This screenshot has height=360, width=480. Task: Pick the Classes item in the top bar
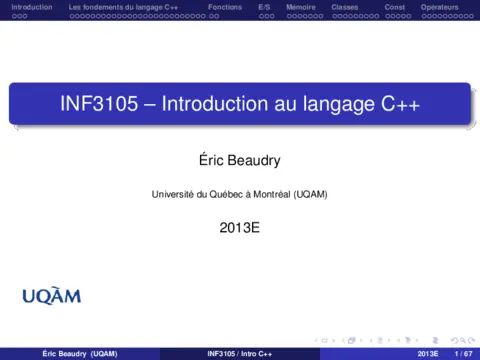(x=344, y=7)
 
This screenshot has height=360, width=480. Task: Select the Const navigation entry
(x=394, y=7)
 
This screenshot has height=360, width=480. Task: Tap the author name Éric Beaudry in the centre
(x=240, y=159)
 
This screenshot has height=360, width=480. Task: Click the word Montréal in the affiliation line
(x=267, y=193)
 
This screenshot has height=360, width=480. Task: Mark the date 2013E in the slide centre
(x=240, y=228)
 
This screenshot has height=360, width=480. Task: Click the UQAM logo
(x=51, y=295)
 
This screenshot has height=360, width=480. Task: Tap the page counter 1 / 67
(x=462, y=354)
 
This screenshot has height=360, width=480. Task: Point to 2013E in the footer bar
(x=428, y=354)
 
